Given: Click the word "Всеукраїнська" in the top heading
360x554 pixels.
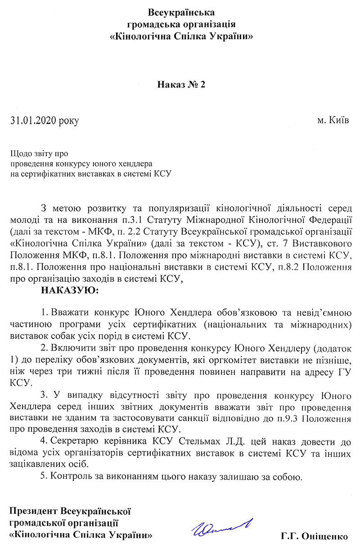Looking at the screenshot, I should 181,11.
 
